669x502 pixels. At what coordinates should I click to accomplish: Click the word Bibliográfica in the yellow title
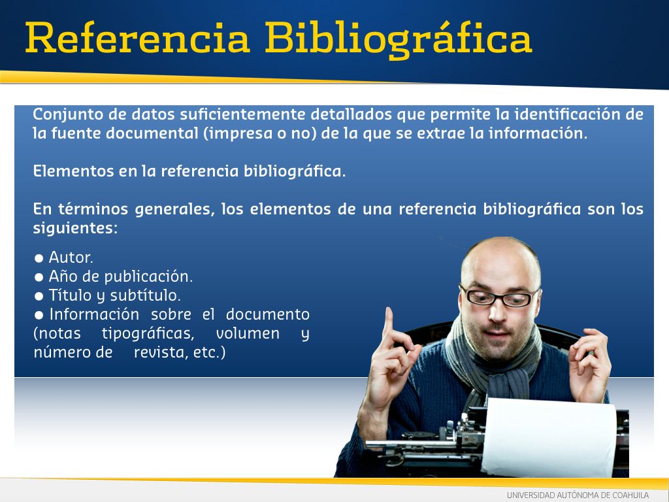399,40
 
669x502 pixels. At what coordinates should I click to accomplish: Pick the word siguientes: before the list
75,228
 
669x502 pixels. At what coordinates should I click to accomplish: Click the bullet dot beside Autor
39,258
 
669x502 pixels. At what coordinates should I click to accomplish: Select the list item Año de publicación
121,276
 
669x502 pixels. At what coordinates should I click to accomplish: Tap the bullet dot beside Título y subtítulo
39,296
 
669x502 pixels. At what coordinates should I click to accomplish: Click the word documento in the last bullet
267,314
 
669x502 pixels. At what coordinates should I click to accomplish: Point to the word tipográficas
148,334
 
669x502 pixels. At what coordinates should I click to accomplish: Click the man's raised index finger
389,324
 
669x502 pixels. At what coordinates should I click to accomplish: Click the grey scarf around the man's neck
491,363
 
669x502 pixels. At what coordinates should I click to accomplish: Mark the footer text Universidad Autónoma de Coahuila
578,495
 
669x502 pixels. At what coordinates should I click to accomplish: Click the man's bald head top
500,252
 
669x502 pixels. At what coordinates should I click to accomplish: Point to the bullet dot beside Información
39,316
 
